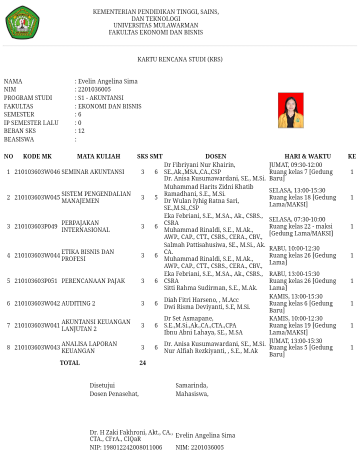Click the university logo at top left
coord(22,23)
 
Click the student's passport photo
coord(290,110)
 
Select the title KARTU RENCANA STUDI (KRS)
coord(179,59)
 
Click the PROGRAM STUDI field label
coord(28,98)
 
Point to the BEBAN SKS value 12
coord(81,131)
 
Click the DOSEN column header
coord(215,156)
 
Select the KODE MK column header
coord(37,156)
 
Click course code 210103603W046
coord(37,172)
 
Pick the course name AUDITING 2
coord(78,303)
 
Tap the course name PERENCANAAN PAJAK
coord(93,281)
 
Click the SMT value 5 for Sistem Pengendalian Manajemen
coord(156,197)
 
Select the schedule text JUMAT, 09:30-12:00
coord(295,165)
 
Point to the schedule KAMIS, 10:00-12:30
coord(295,318)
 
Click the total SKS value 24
coord(142,363)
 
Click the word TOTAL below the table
coord(69,363)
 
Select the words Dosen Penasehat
coord(114,394)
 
